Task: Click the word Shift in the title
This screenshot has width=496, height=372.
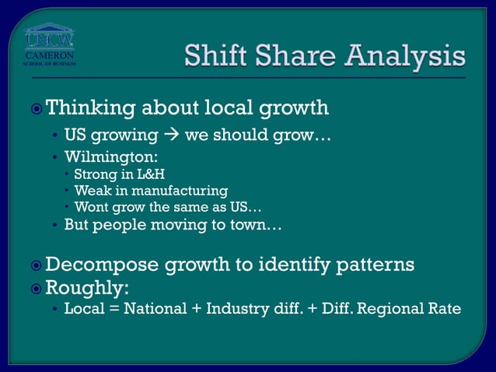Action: coord(218,55)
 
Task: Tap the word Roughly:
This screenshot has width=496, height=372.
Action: coord(87,289)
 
